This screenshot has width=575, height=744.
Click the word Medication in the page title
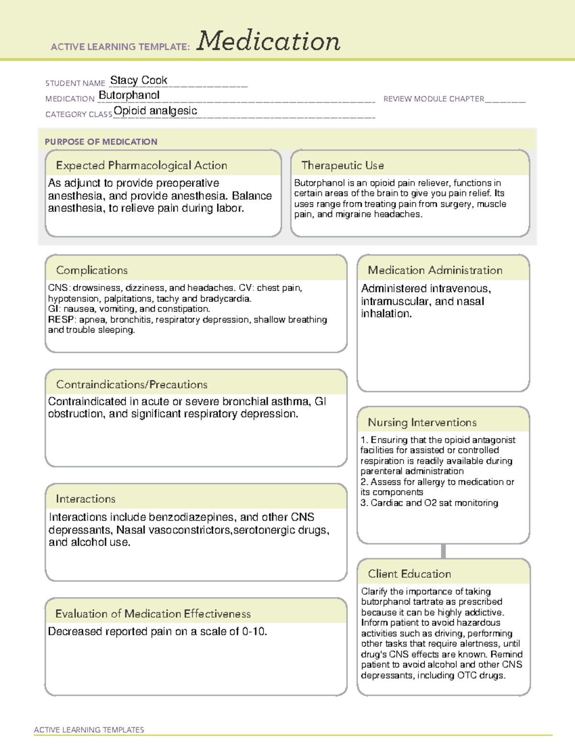click(268, 41)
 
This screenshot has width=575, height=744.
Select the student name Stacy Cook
click(138, 80)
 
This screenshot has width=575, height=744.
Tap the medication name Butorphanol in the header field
click(129, 95)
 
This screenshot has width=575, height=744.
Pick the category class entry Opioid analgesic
click(155, 111)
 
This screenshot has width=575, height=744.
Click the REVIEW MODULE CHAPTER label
click(434, 99)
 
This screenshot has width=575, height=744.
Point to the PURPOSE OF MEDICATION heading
click(101, 142)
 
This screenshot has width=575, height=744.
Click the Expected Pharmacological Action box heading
click(141, 165)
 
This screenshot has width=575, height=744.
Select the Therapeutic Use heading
click(342, 165)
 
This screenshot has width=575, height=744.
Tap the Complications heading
click(92, 270)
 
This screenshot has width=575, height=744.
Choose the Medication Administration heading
click(435, 270)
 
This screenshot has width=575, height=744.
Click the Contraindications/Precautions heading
click(131, 384)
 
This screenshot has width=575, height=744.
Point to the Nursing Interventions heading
click(422, 422)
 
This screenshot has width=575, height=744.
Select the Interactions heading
click(85, 499)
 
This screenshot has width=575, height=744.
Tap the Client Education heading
click(409, 573)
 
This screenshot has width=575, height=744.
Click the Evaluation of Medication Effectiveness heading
click(153, 614)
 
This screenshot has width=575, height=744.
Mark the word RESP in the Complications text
click(61, 320)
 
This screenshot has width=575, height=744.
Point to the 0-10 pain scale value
click(254, 631)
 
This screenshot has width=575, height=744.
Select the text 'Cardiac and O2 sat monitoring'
click(434, 503)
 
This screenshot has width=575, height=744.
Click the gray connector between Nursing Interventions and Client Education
click(443, 551)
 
